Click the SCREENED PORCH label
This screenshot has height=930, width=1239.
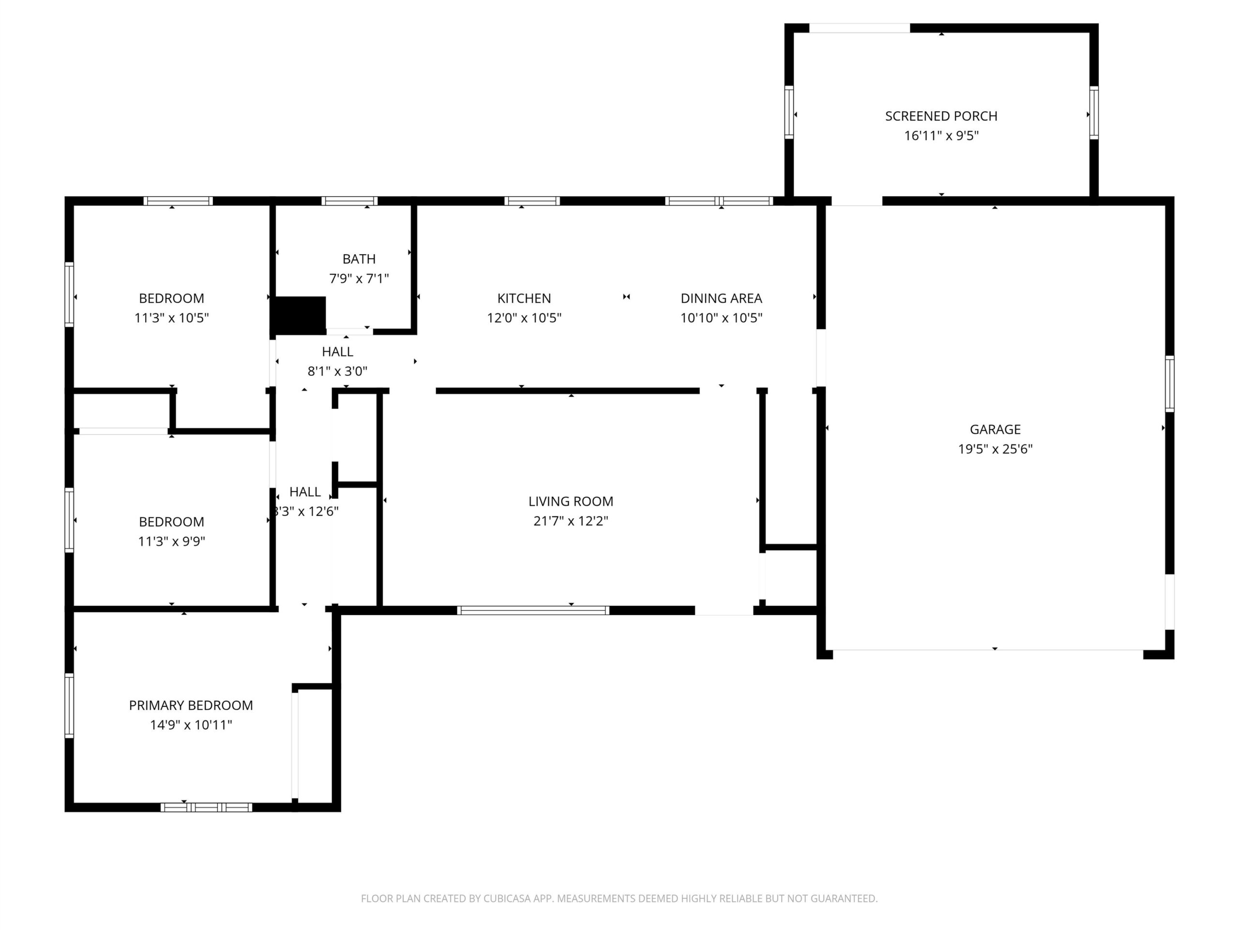click(941, 116)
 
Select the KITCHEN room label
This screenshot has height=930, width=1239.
click(524, 298)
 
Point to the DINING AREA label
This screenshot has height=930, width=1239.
click(722, 298)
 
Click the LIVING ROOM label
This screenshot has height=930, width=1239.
click(571, 501)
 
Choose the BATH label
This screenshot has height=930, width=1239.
click(359, 259)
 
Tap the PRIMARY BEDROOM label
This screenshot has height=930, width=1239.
click(191, 705)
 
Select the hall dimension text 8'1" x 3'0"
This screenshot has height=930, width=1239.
click(338, 371)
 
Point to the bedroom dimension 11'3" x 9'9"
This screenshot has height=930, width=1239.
click(171, 542)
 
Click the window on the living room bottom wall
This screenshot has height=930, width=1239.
click(533, 610)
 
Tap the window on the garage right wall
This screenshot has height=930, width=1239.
click(1169, 384)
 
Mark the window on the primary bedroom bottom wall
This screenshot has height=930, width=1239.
click(206, 807)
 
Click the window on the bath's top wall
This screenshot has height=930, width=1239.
click(349, 201)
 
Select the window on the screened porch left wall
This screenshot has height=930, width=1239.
click(789, 112)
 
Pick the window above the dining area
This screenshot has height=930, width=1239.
click(719, 201)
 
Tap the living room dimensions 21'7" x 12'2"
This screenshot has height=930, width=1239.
click(571, 521)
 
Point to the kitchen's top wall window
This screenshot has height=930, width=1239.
click(532, 201)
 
